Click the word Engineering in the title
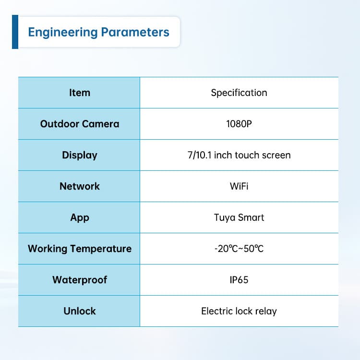point(63,32)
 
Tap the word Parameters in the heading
point(135,32)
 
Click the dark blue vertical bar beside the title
point(15,32)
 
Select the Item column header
point(80,93)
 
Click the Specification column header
point(239,93)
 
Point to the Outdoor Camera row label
point(80,124)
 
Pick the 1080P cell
point(239,124)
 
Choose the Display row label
point(80,156)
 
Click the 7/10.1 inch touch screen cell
point(239,155)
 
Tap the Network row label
point(80,186)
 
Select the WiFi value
point(239,186)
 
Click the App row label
point(80,218)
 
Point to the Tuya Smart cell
point(239,218)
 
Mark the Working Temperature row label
point(80,249)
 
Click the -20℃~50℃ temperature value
point(239,249)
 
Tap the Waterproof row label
point(80,280)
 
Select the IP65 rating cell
point(239,280)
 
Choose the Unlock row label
point(80,311)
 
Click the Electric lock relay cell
point(239,312)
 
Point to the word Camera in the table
point(101,124)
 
